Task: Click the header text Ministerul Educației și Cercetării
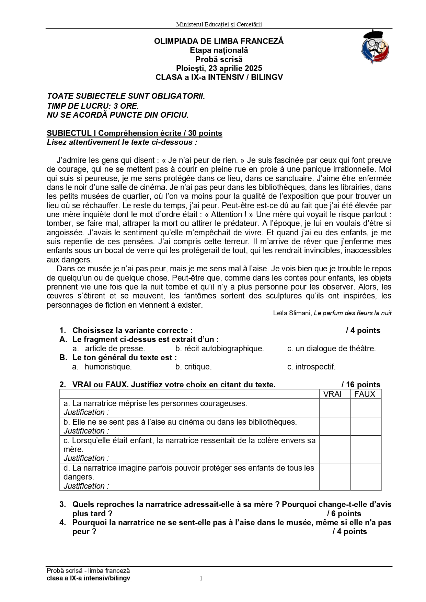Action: [x=219, y=24]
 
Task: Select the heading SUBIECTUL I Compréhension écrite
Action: [x=134, y=133]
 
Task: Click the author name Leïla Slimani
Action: [x=292, y=313]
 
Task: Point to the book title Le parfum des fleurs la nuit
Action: [x=353, y=313]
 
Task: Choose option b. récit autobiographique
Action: [x=219, y=349]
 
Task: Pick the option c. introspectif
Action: [x=311, y=367]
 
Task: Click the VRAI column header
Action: [x=332, y=394]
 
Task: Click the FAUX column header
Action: [x=365, y=394]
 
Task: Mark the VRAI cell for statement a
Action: [x=335, y=408]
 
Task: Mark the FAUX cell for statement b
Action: [x=366, y=426]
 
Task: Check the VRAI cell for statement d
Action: [x=335, y=477]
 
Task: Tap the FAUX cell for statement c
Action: [x=366, y=449]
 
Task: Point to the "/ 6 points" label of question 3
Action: [x=344, y=514]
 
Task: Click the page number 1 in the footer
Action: [x=201, y=579]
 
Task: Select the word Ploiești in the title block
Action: [x=191, y=68]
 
